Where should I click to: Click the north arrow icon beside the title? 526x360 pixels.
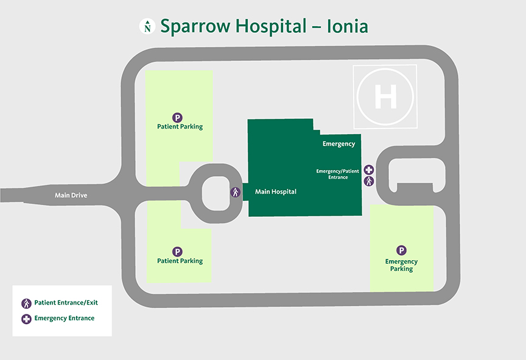tap(147, 26)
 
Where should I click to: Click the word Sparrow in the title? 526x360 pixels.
tap(197, 26)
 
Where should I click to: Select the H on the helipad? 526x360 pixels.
tap(385, 97)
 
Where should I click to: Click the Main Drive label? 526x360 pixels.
tap(71, 196)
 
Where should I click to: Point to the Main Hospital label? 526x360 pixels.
tap(276, 192)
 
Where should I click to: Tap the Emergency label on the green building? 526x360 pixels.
tap(338, 144)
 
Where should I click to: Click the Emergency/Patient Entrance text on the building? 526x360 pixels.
tap(337, 174)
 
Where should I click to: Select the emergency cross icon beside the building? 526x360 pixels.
tap(369, 170)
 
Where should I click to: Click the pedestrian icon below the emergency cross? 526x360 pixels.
tap(369, 181)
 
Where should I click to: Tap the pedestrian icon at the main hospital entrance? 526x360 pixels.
tap(235, 192)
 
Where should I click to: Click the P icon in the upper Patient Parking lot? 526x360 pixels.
tap(178, 118)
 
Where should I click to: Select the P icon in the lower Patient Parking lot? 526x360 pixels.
tap(178, 252)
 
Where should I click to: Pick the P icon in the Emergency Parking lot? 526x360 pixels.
tap(401, 250)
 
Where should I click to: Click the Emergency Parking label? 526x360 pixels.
tap(401, 266)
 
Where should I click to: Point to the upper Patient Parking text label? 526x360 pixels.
tap(180, 127)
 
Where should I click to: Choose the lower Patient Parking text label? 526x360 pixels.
tap(180, 261)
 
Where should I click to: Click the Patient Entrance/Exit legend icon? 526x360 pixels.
tap(26, 303)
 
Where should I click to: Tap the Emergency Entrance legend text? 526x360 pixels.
tap(65, 319)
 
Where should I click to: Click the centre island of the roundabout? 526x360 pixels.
tap(216, 192)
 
